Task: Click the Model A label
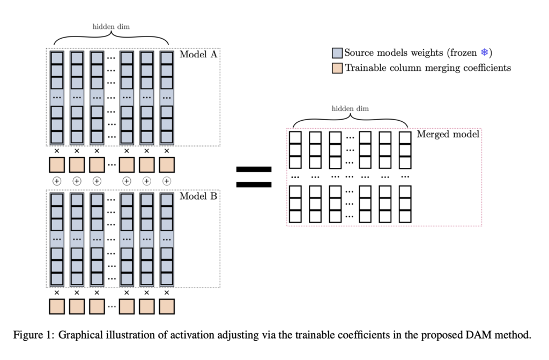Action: [x=198, y=55]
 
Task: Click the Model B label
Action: [x=198, y=196]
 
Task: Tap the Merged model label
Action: [x=448, y=134]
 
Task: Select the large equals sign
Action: [x=254, y=177]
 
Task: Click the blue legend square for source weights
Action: [x=337, y=53]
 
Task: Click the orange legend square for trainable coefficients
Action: [x=337, y=68]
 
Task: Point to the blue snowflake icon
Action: [x=484, y=53]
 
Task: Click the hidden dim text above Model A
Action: [x=111, y=26]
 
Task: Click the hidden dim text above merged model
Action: [x=350, y=109]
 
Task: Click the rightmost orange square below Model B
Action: [x=167, y=306]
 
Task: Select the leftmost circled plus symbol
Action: [x=57, y=181]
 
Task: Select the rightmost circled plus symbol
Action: [x=167, y=181]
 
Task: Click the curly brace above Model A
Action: [x=111, y=38]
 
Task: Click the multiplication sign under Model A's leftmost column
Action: [x=57, y=151]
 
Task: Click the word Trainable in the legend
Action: [x=364, y=68]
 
